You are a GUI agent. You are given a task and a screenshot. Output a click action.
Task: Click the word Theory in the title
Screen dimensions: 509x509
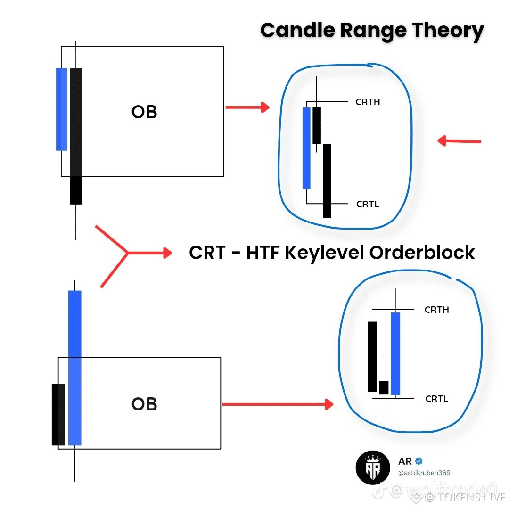coord(448,31)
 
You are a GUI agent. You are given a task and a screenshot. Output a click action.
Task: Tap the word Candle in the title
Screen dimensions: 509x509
coord(297,30)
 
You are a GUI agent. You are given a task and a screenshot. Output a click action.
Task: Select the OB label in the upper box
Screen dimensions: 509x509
coord(144,112)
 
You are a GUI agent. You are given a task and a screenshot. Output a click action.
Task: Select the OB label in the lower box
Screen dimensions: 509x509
coord(144,404)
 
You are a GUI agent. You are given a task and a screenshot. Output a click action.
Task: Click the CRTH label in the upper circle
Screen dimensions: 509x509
coord(368,102)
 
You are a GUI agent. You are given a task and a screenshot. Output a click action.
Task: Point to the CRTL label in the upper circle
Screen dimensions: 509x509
coord(368,204)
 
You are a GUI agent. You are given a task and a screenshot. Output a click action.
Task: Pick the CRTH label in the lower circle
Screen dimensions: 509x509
coord(436,310)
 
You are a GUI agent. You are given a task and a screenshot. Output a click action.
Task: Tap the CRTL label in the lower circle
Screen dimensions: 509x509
coord(436,399)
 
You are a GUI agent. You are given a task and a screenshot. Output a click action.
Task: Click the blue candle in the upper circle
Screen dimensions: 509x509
coord(306,148)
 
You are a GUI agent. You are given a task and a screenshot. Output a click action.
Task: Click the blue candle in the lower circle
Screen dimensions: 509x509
coord(395,353)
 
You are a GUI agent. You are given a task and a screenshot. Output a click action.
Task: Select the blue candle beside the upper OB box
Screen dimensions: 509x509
coord(62,109)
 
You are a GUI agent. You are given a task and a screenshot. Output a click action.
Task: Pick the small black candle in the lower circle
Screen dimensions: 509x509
coord(384,387)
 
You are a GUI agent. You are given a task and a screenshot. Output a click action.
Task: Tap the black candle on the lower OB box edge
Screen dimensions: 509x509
coord(58,415)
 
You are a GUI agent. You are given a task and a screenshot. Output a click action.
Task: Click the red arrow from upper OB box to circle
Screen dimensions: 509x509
coord(247,107)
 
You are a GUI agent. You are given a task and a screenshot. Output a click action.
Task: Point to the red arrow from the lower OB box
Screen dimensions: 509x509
coord(278,404)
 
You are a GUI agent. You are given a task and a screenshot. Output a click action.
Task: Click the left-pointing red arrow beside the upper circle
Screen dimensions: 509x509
coord(460,141)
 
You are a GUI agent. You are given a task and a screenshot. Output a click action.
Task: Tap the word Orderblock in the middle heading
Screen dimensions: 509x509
coord(422,253)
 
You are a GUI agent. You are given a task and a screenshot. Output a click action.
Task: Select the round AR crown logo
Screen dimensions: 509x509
coord(373,468)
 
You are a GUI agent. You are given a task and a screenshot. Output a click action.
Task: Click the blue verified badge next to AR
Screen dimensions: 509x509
coord(419,461)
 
